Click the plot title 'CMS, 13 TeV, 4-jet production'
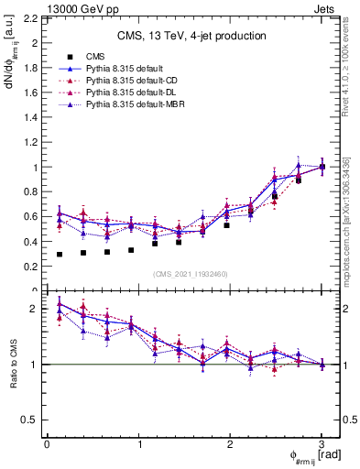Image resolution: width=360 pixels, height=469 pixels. (191, 37)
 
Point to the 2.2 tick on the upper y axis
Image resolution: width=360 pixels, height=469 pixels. (32, 18)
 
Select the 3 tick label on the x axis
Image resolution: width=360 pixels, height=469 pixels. (322, 443)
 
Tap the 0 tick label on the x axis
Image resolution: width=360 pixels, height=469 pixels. (47, 443)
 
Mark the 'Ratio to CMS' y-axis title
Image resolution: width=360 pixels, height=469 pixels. (13, 366)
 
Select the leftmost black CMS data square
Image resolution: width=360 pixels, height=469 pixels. (60, 254)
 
